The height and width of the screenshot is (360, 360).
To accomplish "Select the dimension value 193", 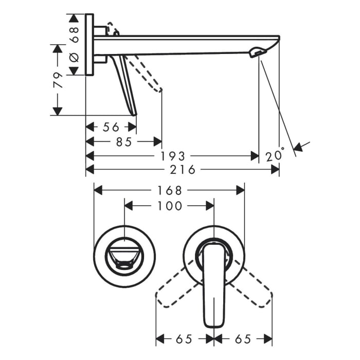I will [173, 156].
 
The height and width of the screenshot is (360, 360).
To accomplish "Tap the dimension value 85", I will [123, 141].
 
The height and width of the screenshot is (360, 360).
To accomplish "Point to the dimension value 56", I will [111, 127].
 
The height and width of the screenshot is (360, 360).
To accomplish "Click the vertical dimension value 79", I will [60, 80].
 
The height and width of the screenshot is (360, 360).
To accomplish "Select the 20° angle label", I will [275, 155].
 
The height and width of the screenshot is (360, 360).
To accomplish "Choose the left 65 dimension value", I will [185, 339].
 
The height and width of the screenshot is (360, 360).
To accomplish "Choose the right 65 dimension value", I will [243, 339].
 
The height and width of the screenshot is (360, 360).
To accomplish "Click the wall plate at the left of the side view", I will [89, 45].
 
